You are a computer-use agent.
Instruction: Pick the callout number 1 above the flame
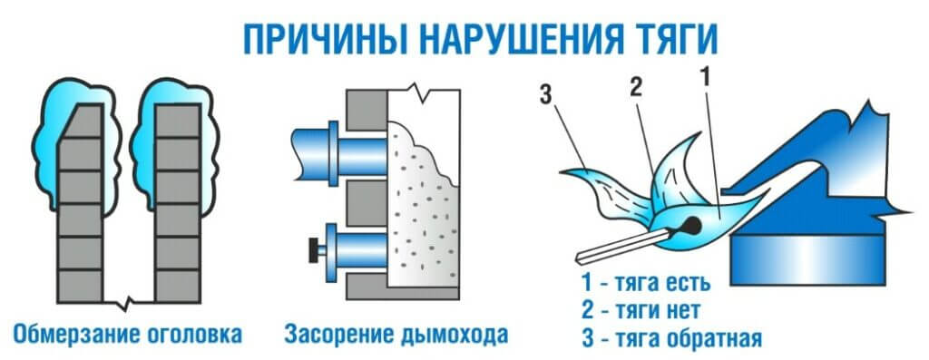click(705, 75)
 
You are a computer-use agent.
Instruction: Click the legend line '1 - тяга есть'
click(645, 284)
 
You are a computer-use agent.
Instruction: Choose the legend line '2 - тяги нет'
click(641, 309)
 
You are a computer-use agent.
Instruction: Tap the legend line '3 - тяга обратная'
click(670, 338)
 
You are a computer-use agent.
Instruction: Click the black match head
click(689, 224)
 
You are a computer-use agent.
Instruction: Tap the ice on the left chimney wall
click(74, 145)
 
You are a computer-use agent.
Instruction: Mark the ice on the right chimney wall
click(175, 145)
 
